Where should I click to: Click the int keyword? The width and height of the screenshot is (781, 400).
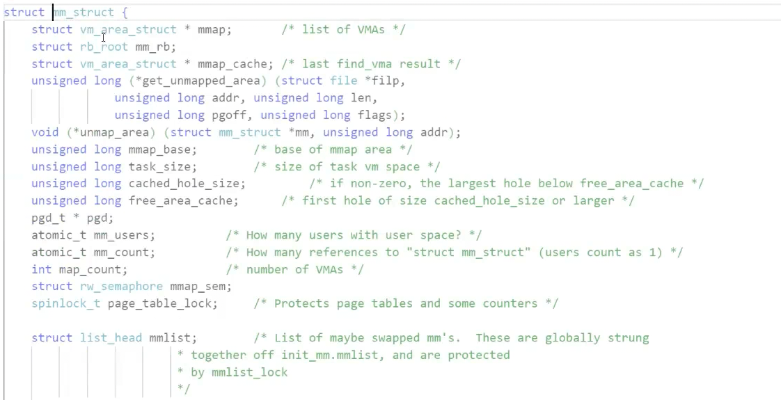tap(41, 269)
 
